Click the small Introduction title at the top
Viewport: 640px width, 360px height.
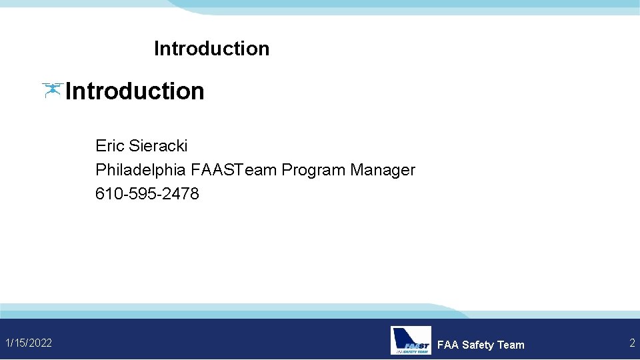[211, 49]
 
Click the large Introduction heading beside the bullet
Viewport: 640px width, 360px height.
[135, 91]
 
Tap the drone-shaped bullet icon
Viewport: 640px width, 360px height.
[52, 90]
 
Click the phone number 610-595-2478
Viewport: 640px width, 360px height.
[147, 194]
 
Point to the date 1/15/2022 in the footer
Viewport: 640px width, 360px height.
[29, 343]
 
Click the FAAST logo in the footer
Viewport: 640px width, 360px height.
[411, 340]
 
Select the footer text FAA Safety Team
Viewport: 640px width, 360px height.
[481, 345]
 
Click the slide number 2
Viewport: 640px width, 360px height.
[632, 343]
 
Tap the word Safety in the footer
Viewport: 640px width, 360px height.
[478, 345]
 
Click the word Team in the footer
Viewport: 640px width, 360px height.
[511, 345]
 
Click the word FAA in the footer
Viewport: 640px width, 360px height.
[448, 345]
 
